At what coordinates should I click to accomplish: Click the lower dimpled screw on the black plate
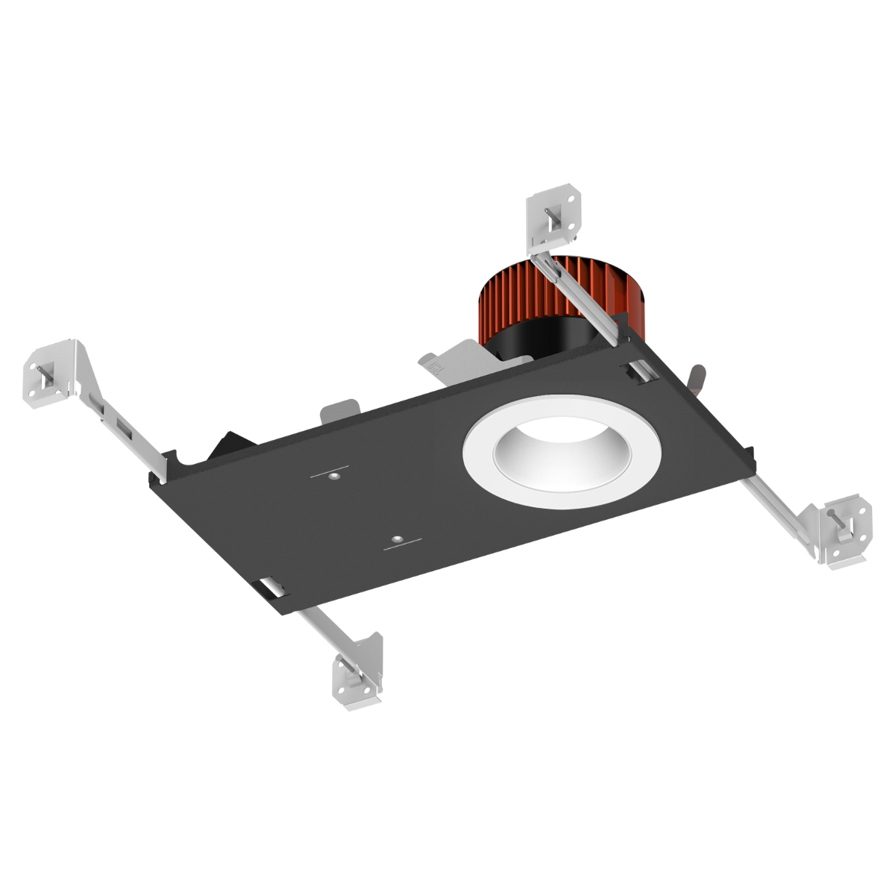point(398,538)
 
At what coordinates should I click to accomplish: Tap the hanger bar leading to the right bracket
point(776,507)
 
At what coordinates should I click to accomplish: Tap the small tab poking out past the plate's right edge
point(697,377)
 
